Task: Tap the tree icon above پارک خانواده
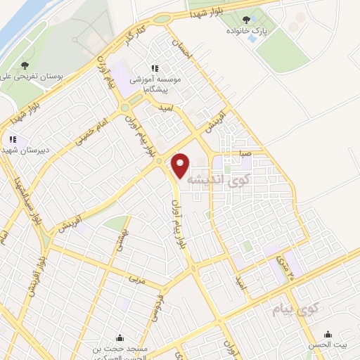(246, 21)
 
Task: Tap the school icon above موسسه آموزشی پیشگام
(154, 69)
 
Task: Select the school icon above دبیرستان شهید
(13, 139)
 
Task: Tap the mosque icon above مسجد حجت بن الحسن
(120, 337)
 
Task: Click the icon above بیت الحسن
(328, 335)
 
